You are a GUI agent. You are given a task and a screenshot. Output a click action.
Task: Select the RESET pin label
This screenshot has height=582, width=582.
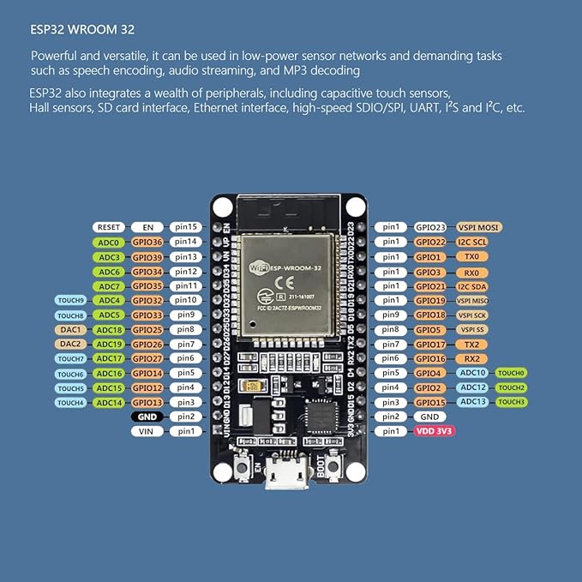[109, 227]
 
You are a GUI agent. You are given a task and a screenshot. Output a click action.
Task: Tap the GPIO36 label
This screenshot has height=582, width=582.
[147, 243]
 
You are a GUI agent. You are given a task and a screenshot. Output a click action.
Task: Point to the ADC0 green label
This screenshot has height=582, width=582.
[109, 243]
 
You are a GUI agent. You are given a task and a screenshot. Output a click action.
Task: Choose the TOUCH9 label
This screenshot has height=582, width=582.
[70, 301]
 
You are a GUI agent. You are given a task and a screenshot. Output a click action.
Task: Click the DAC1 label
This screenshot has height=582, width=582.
[70, 330]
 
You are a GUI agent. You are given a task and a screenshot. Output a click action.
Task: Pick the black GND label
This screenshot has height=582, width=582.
[147, 417]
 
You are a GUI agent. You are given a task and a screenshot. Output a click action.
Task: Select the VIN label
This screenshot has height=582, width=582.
[147, 431]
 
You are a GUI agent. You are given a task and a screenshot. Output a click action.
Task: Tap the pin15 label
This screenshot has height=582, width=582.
[186, 227]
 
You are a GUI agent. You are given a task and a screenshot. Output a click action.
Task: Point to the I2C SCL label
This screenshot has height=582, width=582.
[473, 243]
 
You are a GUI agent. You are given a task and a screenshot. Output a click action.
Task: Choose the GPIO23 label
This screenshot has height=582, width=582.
[430, 227]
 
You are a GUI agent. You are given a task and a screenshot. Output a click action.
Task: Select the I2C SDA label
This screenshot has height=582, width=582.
[473, 286]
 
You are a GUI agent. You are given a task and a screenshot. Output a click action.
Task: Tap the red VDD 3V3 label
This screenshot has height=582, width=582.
[435, 431]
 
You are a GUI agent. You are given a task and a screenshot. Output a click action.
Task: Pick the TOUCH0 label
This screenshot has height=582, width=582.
[513, 373]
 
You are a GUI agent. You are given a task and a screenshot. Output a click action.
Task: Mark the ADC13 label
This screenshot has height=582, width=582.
[473, 402]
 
